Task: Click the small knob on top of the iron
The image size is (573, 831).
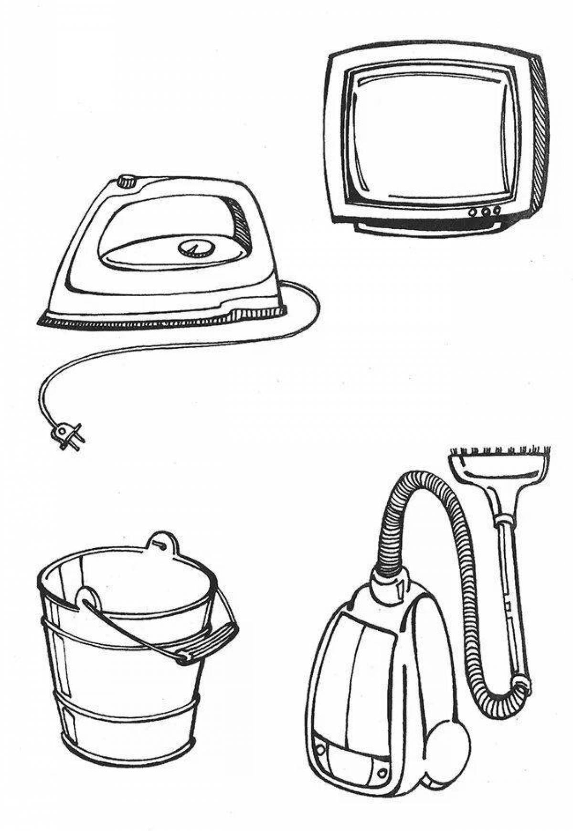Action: coord(127,181)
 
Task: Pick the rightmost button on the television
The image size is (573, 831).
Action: coord(497,210)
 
